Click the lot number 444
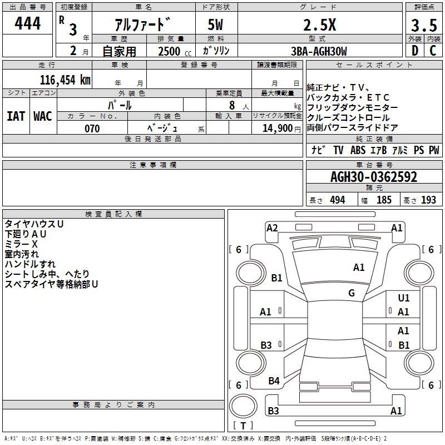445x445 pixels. [x=27, y=23]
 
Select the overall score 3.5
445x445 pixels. [x=424, y=26]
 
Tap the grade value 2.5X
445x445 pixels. [x=320, y=25]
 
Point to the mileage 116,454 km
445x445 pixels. [x=65, y=80]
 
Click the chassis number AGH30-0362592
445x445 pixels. [x=374, y=177]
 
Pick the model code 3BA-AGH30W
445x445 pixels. [x=319, y=51]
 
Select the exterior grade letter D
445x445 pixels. [x=415, y=51]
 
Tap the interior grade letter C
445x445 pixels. [x=433, y=51]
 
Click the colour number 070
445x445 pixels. [x=92, y=128]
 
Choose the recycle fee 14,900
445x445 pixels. [x=278, y=128]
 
